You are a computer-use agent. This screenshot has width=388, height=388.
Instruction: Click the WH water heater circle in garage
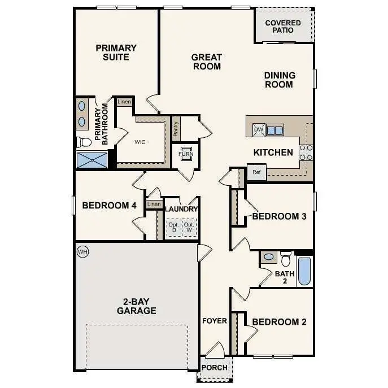[x=82, y=251]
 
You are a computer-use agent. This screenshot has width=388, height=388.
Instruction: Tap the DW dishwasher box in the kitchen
[x=259, y=130]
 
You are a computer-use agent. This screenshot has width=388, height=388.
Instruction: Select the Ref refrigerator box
[x=256, y=172]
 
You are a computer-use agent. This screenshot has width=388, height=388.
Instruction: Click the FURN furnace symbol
[x=185, y=154]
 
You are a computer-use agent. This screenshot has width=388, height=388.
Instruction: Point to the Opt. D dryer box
[x=173, y=228]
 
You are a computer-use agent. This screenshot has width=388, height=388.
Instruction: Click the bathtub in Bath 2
[x=304, y=272]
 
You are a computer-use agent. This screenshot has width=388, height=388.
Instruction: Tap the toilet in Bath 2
[x=286, y=258]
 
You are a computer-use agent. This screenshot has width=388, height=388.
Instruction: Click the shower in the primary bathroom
[x=92, y=160]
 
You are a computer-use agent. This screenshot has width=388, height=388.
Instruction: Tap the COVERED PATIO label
[x=283, y=26]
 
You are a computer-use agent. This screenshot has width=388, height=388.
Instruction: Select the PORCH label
[x=215, y=368]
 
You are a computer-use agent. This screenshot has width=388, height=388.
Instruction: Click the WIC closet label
[x=140, y=142]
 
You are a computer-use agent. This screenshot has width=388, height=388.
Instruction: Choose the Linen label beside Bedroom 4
[x=153, y=204]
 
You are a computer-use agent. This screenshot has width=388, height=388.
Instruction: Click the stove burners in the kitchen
[x=306, y=152]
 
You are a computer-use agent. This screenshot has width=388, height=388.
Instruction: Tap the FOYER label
[x=215, y=321]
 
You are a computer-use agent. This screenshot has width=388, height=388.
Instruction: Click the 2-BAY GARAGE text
[x=136, y=306]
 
